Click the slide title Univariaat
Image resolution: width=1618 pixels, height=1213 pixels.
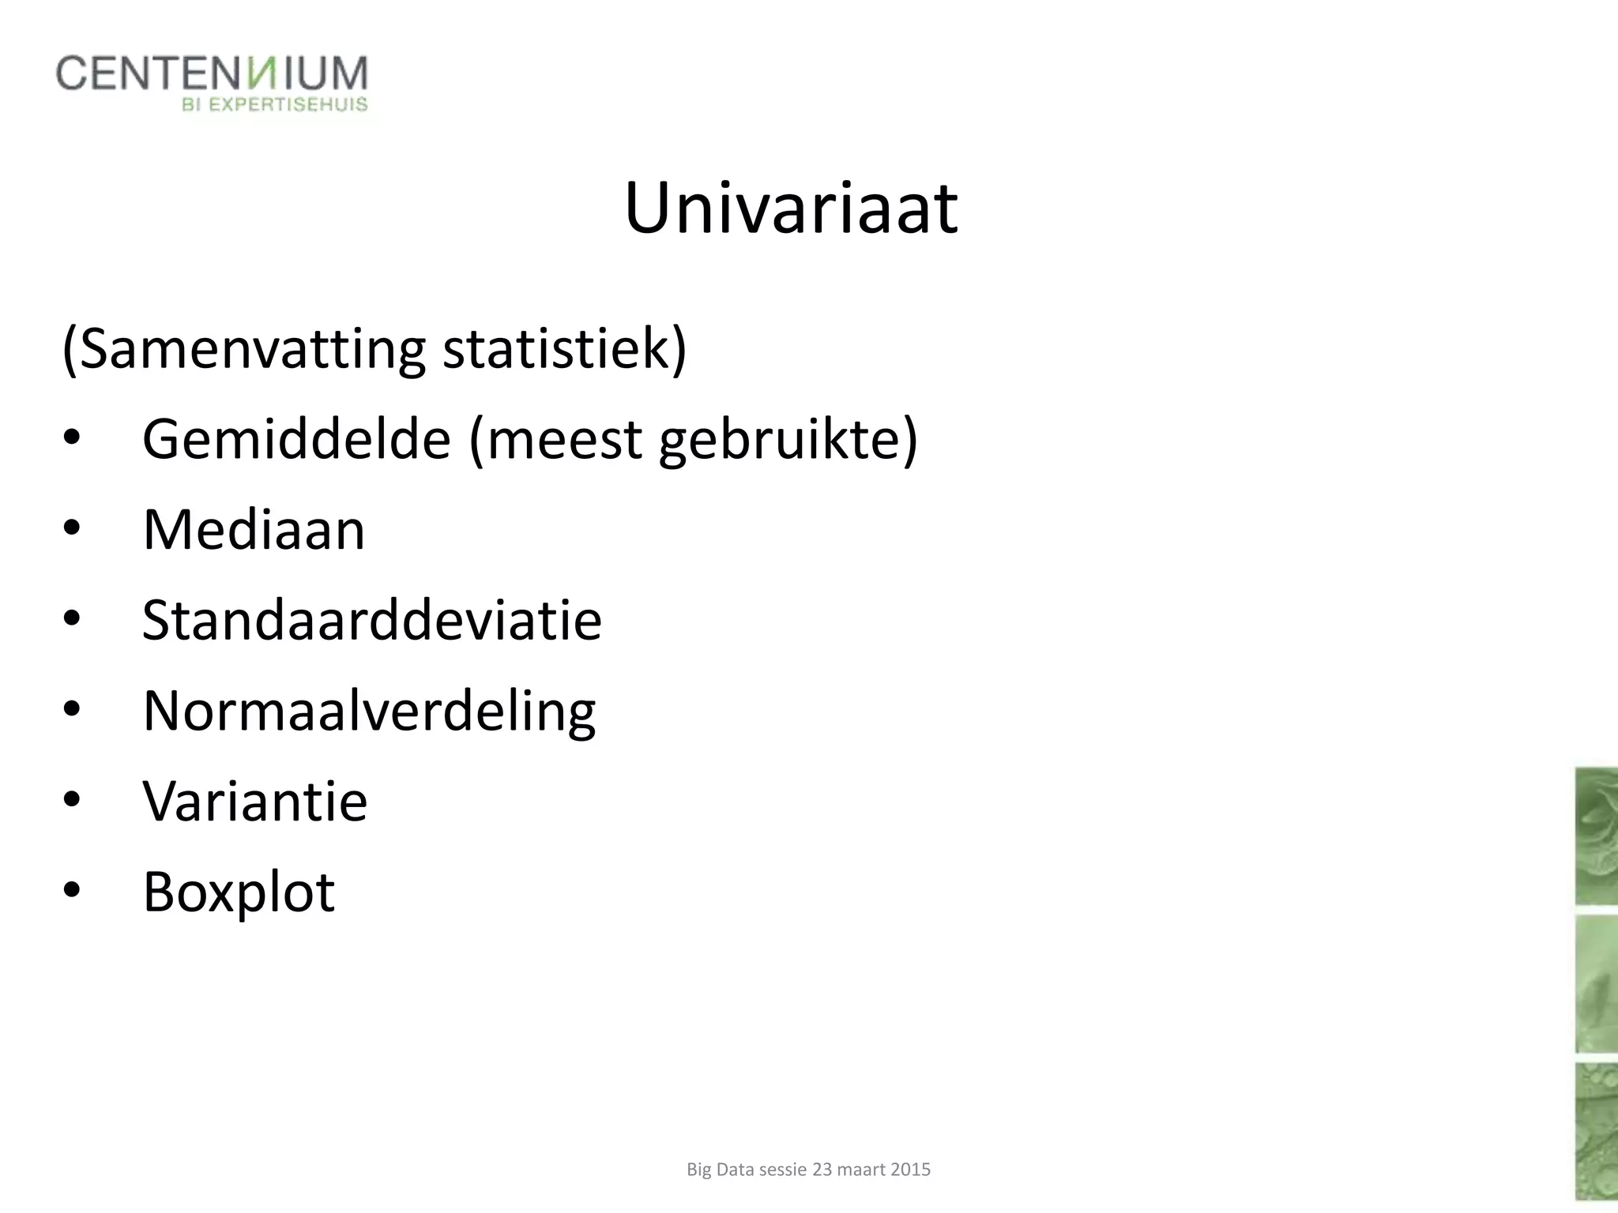(x=791, y=208)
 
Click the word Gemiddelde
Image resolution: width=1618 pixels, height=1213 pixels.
(x=296, y=439)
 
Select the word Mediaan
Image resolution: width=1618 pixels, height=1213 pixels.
(x=254, y=530)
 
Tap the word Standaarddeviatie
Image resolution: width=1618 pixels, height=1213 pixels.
(x=371, y=620)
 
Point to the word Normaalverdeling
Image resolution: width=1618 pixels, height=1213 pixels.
(x=369, y=712)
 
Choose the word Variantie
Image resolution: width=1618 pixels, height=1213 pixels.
(x=254, y=802)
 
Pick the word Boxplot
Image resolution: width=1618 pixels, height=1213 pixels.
(x=239, y=893)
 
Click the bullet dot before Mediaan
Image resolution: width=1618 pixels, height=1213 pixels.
(x=71, y=530)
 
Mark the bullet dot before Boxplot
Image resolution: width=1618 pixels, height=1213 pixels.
(x=71, y=892)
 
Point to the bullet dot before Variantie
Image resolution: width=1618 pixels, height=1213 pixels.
(x=71, y=801)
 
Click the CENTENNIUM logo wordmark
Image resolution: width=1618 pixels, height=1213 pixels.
(x=212, y=73)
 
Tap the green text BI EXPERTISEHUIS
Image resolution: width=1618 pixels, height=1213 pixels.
(x=275, y=104)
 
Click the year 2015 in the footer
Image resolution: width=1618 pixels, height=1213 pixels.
(x=910, y=1170)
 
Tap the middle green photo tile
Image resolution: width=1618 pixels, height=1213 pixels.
(x=1596, y=984)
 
